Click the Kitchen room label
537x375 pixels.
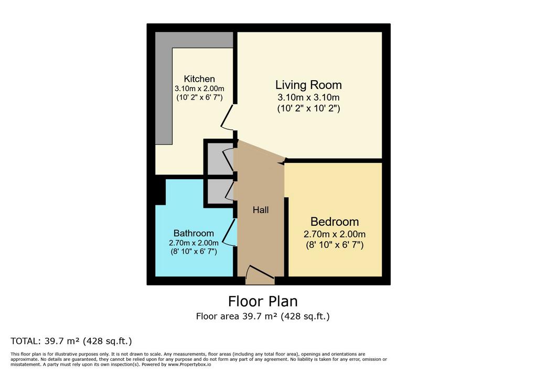pos(199,79)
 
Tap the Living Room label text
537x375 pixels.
pos(308,85)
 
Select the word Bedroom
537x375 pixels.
pos(335,222)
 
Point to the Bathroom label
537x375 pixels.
pos(194,234)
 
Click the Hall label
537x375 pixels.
pos(261,210)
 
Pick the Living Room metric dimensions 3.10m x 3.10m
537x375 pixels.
pos(308,97)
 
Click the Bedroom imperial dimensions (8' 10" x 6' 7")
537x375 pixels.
pos(335,245)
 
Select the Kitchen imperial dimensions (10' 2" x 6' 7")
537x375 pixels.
pos(199,97)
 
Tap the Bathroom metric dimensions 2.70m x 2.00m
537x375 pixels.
pos(194,243)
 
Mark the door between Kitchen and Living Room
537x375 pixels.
pos(227,117)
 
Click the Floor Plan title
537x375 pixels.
pos(263,302)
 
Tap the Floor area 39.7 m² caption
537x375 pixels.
pos(263,316)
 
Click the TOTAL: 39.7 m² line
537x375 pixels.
pos(71,341)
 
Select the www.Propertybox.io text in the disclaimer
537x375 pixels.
pos(189,365)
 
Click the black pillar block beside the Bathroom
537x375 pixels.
pos(160,192)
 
